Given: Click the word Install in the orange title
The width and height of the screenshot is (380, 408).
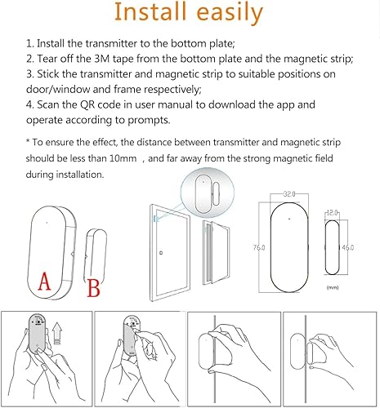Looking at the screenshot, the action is click(150, 11).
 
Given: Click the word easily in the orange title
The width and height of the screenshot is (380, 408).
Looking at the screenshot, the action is click(230, 14).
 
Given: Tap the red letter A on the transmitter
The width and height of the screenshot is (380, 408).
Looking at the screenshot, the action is click(44, 281).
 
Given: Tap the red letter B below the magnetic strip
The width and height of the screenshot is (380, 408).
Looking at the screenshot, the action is click(93, 288).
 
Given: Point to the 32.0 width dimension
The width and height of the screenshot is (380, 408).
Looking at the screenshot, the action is click(289, 194).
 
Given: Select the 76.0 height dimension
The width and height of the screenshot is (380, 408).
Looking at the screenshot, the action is click(259, 247).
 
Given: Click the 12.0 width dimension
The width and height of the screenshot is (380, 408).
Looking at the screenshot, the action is click(332, 213).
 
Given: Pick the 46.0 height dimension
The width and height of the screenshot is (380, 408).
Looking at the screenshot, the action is click(348, 247).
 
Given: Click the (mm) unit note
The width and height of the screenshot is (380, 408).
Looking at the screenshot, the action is click(333, 287).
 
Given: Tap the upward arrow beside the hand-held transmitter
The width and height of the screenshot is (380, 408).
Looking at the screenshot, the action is click(57, 333).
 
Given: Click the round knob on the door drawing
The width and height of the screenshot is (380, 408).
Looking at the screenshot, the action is click(161, 253).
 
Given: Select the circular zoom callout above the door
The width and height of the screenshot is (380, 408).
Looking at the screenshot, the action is click(208, 193).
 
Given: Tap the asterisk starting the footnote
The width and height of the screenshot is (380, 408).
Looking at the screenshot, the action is click(28, 141).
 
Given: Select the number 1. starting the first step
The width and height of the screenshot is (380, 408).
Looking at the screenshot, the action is click(30, 43).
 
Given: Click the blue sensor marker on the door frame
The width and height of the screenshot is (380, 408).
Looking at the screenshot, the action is click(155, 219).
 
